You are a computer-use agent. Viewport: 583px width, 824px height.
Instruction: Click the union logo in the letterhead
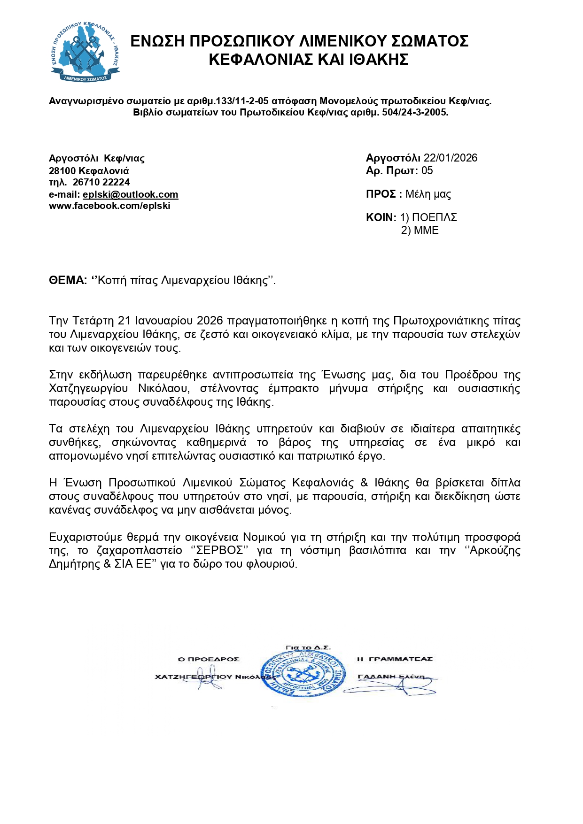click(85, 52)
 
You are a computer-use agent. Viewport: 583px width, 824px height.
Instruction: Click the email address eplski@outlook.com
click(130, 194)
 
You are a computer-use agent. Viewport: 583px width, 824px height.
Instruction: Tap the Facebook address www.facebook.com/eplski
click(109, 206)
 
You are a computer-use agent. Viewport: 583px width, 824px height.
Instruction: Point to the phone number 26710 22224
click(101, 182)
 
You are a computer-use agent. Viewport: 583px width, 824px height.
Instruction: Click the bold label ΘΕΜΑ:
click(68, 280)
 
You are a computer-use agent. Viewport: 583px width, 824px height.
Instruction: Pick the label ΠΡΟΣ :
click(384, 194)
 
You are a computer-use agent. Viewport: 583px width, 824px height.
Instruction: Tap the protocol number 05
click(427, 170)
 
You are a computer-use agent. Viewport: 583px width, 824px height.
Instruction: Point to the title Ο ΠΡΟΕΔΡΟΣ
click(209, 659)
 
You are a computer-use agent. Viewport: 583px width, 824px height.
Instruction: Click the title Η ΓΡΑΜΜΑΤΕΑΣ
click(395, 659)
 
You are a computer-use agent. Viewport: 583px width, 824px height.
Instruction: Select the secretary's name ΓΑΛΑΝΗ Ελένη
click(391, 677)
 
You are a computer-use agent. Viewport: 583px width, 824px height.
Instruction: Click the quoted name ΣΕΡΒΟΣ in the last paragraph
click(220, 550)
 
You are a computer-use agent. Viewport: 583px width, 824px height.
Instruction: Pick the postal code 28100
click(62, 170)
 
